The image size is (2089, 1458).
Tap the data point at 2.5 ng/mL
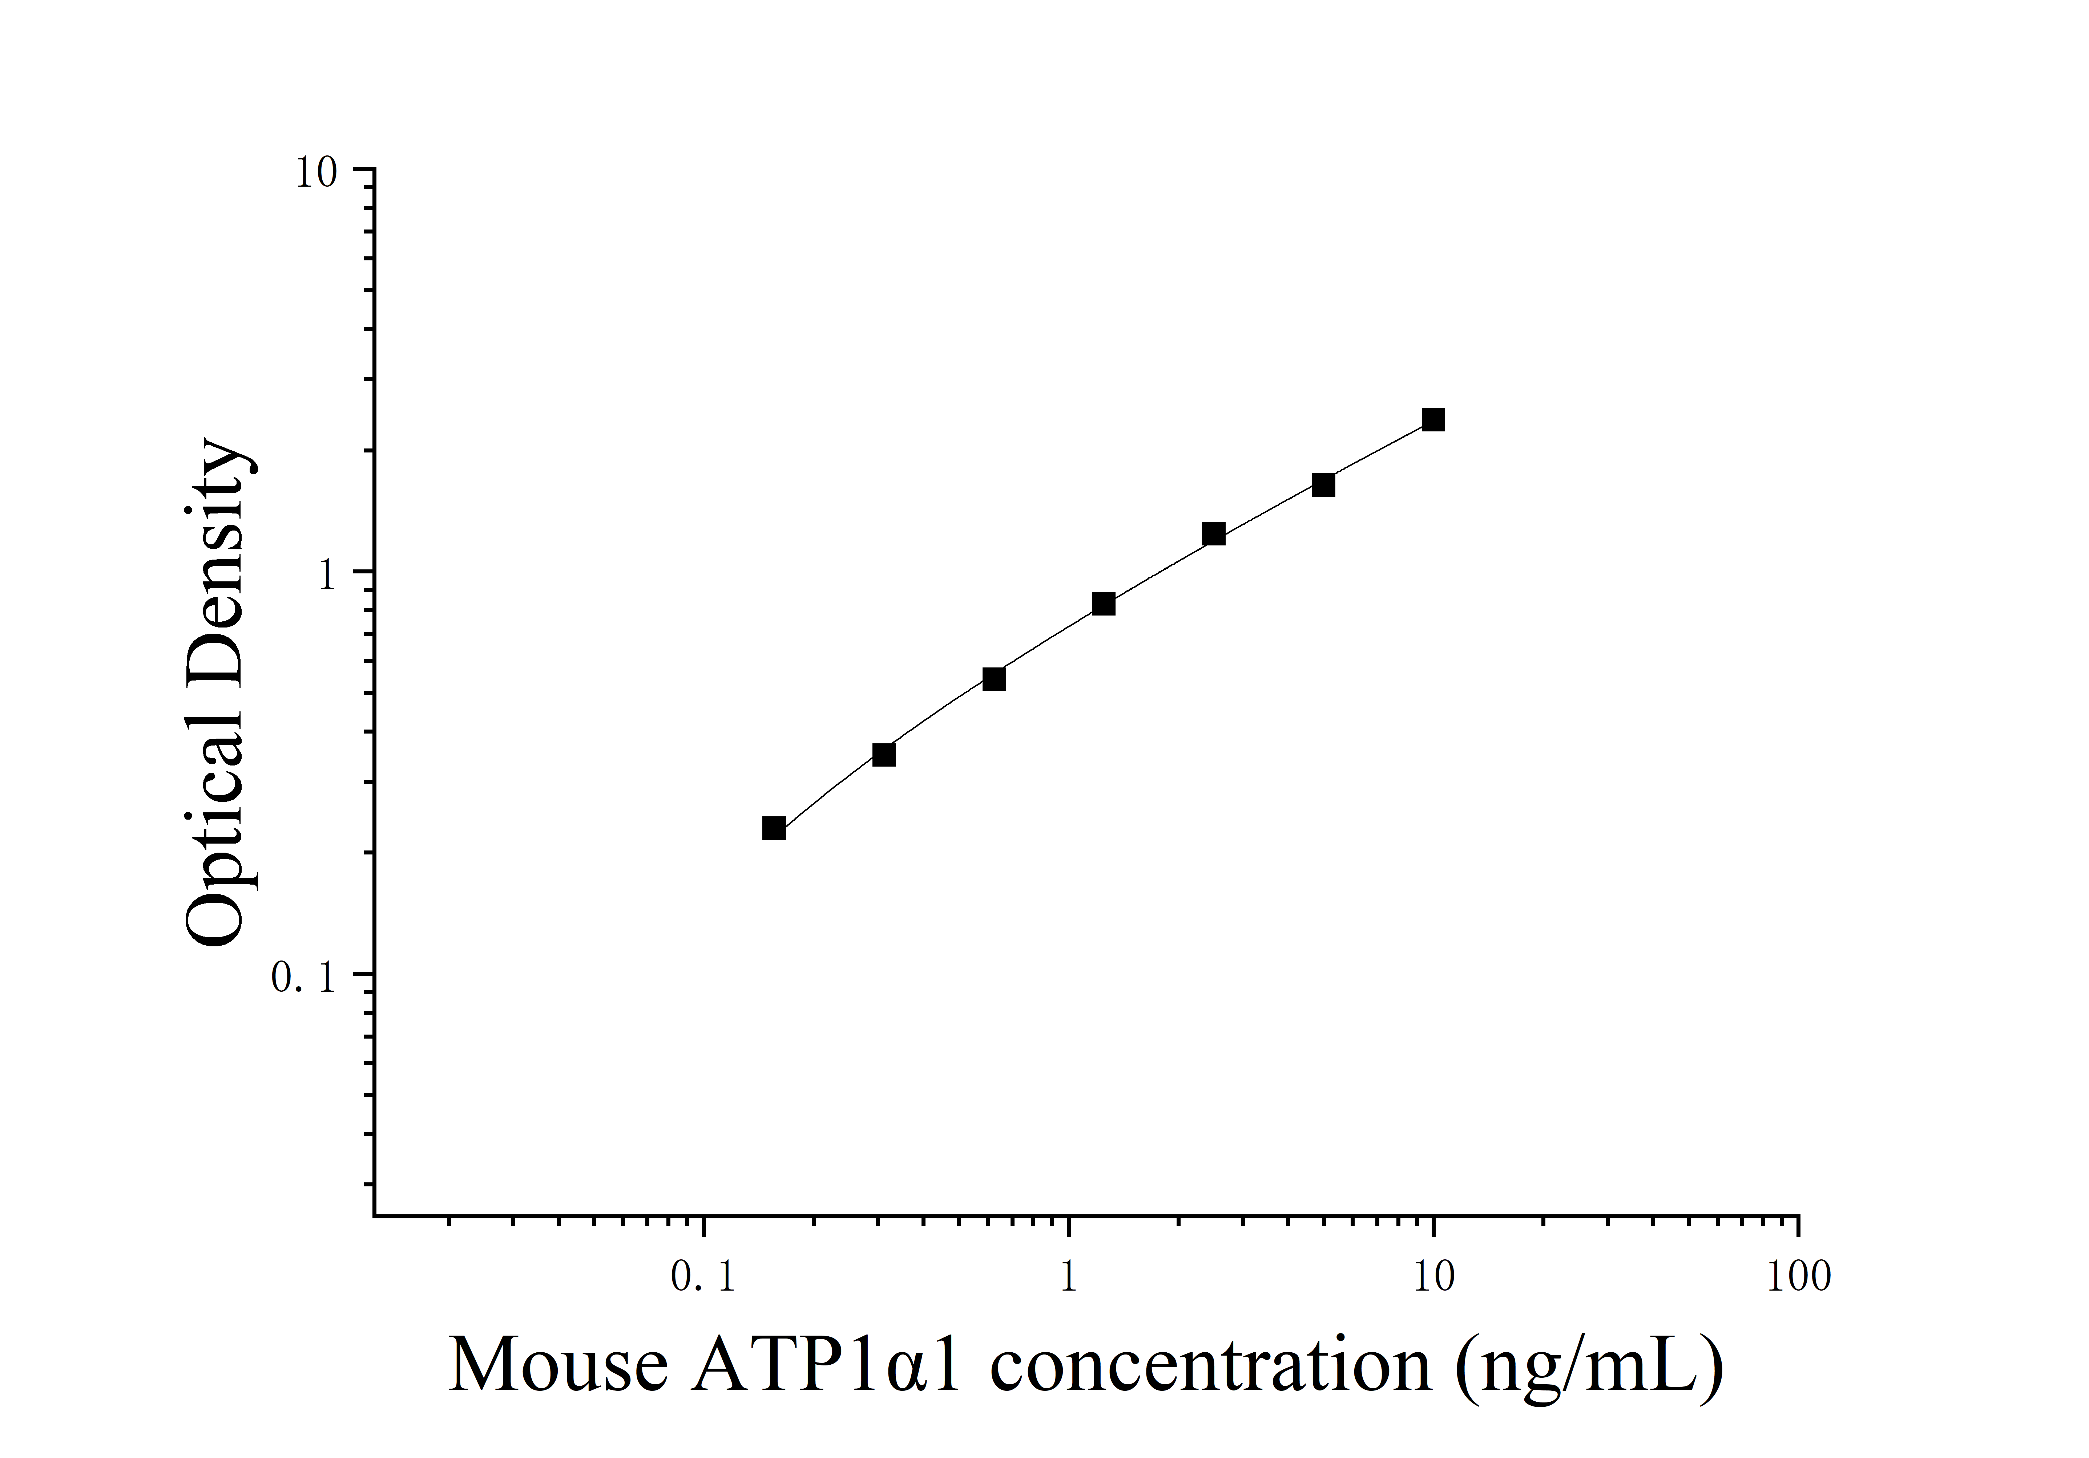[1214, 534]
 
